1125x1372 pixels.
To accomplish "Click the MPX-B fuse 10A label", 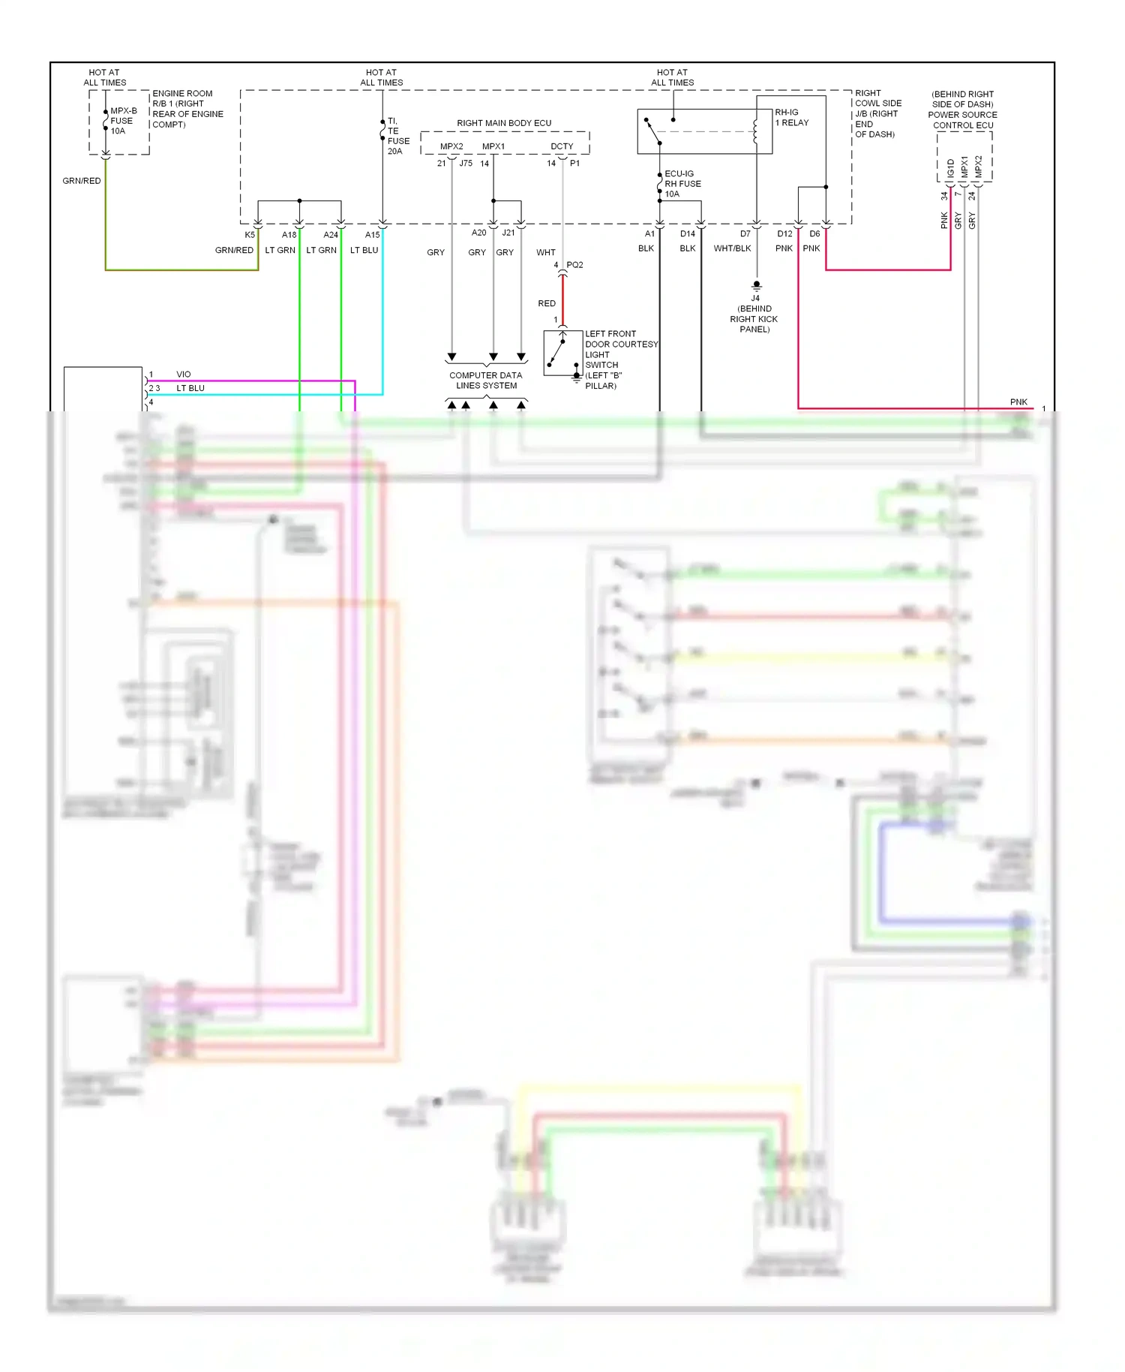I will pyautogui.click(x=123, y=121).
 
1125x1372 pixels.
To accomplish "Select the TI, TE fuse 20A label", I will pyautogui.click(x=397, y=136).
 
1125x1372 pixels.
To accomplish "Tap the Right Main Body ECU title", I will pyautogui.click(x=503, y=123).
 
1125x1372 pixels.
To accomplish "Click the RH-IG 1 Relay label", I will pyautogui.click(x=791, y=118).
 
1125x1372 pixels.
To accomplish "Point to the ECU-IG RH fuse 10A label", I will pyautogui.click(x=682, y=184).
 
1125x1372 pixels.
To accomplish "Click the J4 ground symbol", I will pyautogui.click(x=756, y=286).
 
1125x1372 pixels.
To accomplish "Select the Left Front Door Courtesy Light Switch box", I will pyautogui.click(x=562, y=353).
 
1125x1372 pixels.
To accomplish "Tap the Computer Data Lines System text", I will pyautogui.click(x=485, y=381).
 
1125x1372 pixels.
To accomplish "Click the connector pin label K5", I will pyautogui.click(x=249, y=235).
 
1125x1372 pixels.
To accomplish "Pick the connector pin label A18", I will pyautogui.click(x=289, y=235).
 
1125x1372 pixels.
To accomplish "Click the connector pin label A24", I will pyautogui.click(x=330, y=235).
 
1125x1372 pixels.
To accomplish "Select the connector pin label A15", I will pyautogui.click(x=372, y=235).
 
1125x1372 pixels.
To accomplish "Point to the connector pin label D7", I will pyautogui.click(x=745, y=234).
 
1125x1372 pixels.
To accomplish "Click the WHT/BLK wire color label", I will pyautogui.click(x=732, y=248).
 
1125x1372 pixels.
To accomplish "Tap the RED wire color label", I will pyautogui.click(x=546, y=304).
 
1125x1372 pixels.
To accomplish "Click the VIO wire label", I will pyautogui.click(x=183, y=375).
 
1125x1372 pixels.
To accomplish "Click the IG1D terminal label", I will pyautogui.click(x=950, y=168).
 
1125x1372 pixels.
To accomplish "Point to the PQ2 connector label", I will pyautogui.click(x=574, y=265).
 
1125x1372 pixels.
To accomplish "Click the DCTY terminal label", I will pyautogui.click(x=561, y=147).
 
